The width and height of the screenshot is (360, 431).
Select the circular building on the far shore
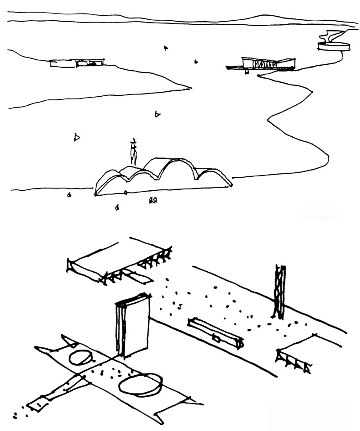(333, 46)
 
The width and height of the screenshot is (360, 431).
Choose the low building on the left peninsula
(76, 63)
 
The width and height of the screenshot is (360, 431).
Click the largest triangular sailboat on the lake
(77, 137)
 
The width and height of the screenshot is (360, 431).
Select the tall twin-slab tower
(132, 324)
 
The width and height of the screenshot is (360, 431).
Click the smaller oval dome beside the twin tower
(81, 358)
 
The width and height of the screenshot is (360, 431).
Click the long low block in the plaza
(216, 333)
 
